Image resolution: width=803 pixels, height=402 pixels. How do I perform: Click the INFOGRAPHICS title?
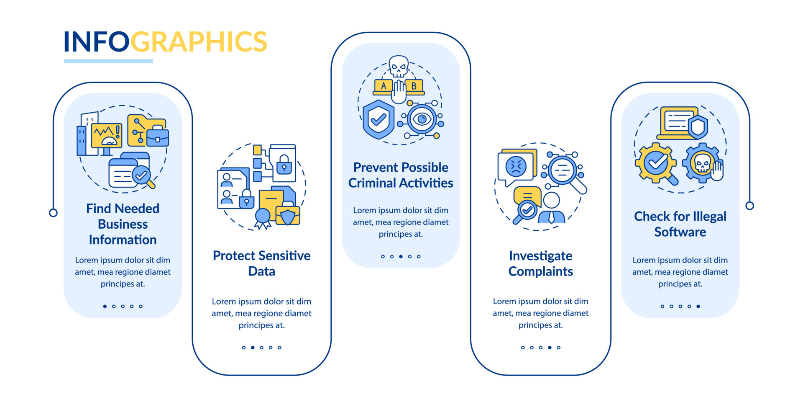(x=165, y=41)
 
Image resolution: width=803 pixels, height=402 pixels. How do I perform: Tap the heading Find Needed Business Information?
(x=123, y=224)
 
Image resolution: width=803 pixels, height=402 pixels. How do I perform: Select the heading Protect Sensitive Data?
(x=261, y=263)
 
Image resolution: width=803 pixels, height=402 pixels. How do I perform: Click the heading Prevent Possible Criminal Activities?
(x=401, y=175)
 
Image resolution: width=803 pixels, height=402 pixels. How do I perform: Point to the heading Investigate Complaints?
(x=540, y=263)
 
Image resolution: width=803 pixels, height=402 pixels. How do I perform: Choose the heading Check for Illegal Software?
(x=680, y=224)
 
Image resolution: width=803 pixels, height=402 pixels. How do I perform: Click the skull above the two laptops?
(x=399, y=66)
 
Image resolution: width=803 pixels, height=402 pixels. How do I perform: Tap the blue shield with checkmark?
(x=378, y=119)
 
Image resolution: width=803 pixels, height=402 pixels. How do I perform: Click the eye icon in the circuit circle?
(x=422, y=119)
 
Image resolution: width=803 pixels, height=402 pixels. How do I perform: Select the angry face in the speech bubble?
(x=516, y=166)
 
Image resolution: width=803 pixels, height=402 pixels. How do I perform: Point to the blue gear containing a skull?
(x=702, y=163)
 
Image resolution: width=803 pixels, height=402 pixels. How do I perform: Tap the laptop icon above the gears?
(x=678, y=123)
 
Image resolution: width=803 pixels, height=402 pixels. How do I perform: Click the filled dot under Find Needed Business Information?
(x=105, y=306)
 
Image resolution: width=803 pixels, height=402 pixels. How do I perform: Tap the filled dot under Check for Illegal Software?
(x=698, y=306)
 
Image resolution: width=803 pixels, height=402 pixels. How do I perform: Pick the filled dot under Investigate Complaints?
(x=550, y=347)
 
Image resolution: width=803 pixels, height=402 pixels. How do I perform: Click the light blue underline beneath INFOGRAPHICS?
(x=108, y=61)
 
